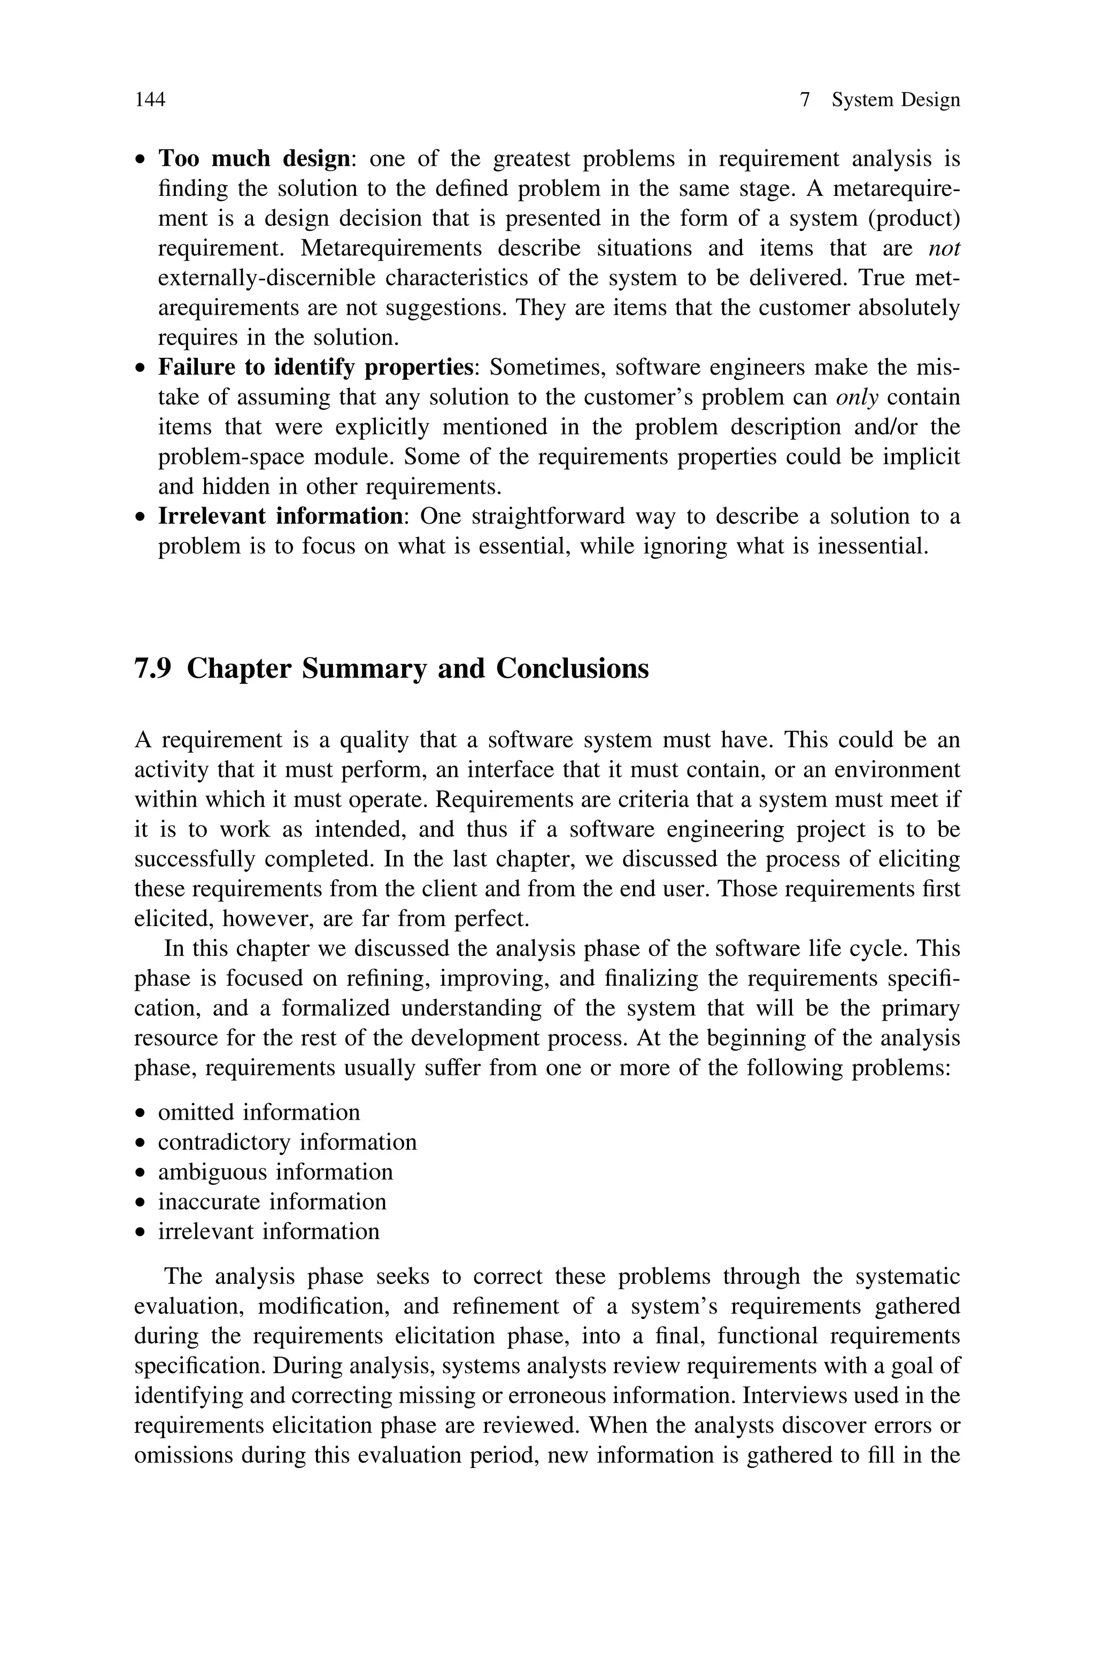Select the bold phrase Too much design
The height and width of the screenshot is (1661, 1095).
pyautogui.click(x=253, y=159)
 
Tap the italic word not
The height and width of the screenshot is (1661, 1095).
pyautogui.click(x=944, y=249)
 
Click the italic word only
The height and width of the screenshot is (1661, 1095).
pyautogui.click(x=857, y=397)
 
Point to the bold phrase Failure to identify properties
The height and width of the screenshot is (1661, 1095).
pyautogui.click(x=315, y=368)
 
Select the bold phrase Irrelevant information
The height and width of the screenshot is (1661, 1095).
pyautogui.click(x=280, y=517)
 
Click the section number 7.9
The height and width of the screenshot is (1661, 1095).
pyautogui.click(x=153, y=669)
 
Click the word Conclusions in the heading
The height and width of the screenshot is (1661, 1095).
pyautogui.click(x=572, y=669)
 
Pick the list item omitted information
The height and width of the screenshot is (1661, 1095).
pyautogui.click(x=258, y=1113)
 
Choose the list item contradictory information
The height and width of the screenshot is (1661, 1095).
pyautogui.click(x=287, y=1143)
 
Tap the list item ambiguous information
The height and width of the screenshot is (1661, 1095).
pyautogui.click(x=275, y=1172)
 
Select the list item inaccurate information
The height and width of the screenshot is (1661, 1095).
pyautogui.click(x=272, y=1202)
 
